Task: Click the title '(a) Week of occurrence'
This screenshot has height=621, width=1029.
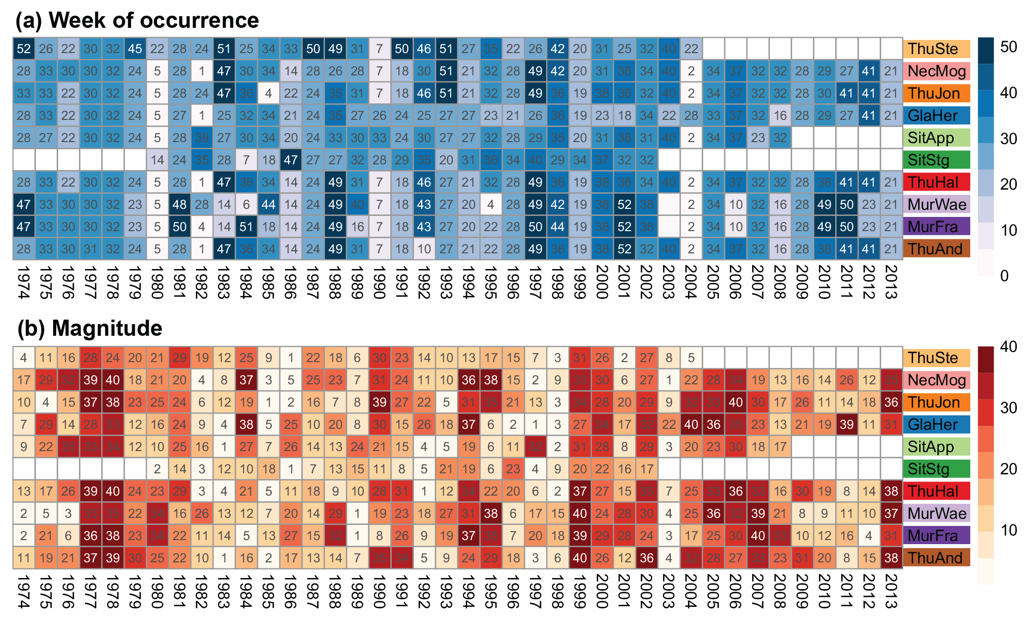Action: (x=137, y=21)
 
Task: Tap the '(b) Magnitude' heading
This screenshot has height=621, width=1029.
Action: (x=90, y=329)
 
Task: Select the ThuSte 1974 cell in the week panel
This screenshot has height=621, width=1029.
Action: (x=24, y=49)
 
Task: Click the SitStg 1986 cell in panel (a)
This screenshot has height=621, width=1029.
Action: (x=291, y=160)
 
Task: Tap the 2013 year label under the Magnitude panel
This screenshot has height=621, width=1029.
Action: (x=891, y=591)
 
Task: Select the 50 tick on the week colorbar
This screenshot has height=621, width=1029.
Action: (x=1009, y=47)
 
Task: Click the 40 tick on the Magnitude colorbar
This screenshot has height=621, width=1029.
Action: (x=1009, y=347)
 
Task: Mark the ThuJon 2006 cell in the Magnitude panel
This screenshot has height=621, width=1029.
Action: (x=735, y=403)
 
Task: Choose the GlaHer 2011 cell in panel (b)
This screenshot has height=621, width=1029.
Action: (x=847, y=425)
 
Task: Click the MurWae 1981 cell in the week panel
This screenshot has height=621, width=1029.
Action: (x=180, y=205)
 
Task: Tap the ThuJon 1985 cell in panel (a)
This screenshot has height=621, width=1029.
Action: (x=268, y=94)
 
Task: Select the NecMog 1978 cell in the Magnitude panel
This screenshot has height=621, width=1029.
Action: (x=113, y=380)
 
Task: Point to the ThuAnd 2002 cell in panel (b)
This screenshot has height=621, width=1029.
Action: (x=646, y=558)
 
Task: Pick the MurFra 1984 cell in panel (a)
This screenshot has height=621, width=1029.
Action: (x=246, y=227)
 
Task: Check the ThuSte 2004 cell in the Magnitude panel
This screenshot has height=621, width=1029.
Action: (x=691, y=358)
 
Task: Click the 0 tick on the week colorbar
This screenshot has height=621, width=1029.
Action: (x=1005, y=276)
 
